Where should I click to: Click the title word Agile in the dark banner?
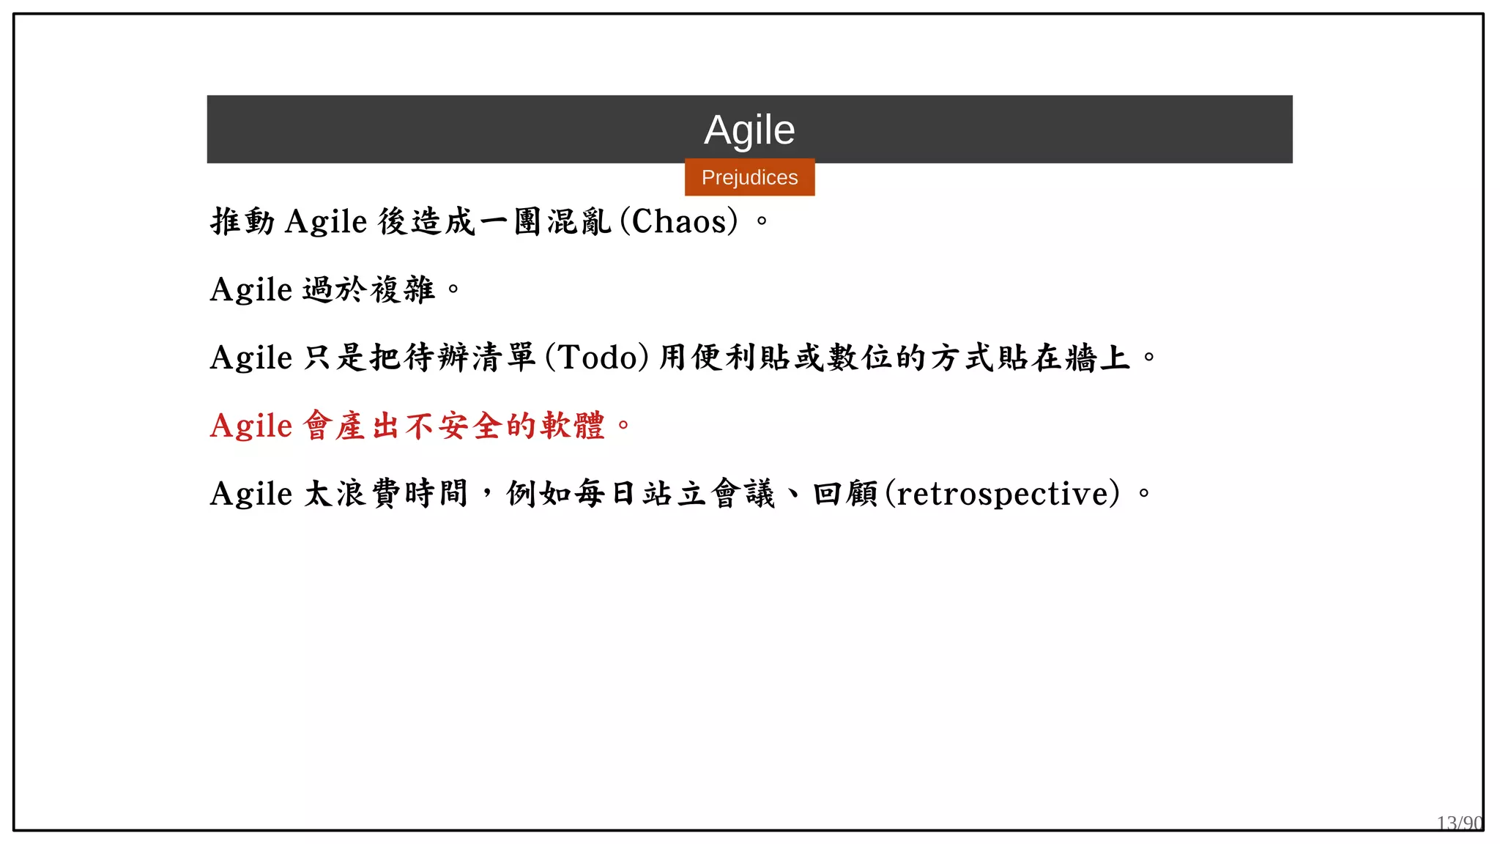tap(749, 130)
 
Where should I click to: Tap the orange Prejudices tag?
tap(749, 177)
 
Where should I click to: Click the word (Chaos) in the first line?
tap(679, 221)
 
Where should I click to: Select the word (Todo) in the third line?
tap(597, 358)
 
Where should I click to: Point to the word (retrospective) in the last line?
tap(1003, 494)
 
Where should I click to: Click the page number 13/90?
tap(1459, 823)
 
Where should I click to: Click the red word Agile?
tap(251, 426)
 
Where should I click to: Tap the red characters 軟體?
tap(573, 426)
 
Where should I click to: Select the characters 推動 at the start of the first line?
tap(242, 221)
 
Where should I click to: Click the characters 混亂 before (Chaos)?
tap(579, 221)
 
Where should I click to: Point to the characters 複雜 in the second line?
tap(403, 289)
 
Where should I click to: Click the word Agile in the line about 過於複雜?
tap(251, 289)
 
